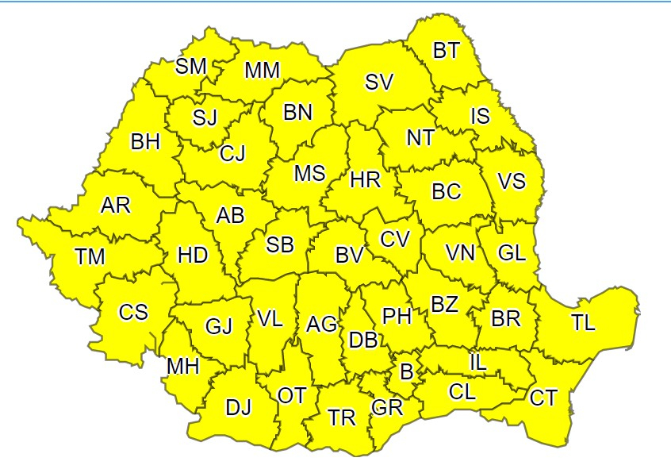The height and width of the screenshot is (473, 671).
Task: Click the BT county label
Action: click(x=446, y=51)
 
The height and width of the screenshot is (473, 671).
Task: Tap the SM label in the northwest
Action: click(x=191, y=67)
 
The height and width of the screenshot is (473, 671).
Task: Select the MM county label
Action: click(x=262, y=71)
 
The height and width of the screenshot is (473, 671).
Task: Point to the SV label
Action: click(x=379, y=82)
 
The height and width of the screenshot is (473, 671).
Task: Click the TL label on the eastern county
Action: click(x=583, y=323)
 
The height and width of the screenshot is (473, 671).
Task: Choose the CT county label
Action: click(x=544, y=398)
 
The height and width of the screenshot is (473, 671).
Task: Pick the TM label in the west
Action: click(x=90, y=257)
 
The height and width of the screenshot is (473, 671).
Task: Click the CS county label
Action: click(x=133, y=312)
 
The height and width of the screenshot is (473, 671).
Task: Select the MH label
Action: click(x=183, y=367)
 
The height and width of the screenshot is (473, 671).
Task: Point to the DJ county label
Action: click(x=238, y=409)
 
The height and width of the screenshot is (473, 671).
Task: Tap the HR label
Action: click(x=366, y=180)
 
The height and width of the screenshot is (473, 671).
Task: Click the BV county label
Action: click(x=349, y=256)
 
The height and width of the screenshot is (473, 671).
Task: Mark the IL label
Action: click(x=477, y=362)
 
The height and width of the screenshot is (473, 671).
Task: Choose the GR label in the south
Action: click(x=387, y=409)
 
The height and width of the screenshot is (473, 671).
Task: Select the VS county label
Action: click(x=512, y=181)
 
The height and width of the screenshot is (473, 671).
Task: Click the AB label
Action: click(x=231, y=215)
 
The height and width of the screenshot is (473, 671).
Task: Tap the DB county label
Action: click(x=363, y=340)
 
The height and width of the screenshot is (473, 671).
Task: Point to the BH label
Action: click(x=145, y=142)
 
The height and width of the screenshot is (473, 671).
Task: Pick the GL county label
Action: click(x=512, y=254)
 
